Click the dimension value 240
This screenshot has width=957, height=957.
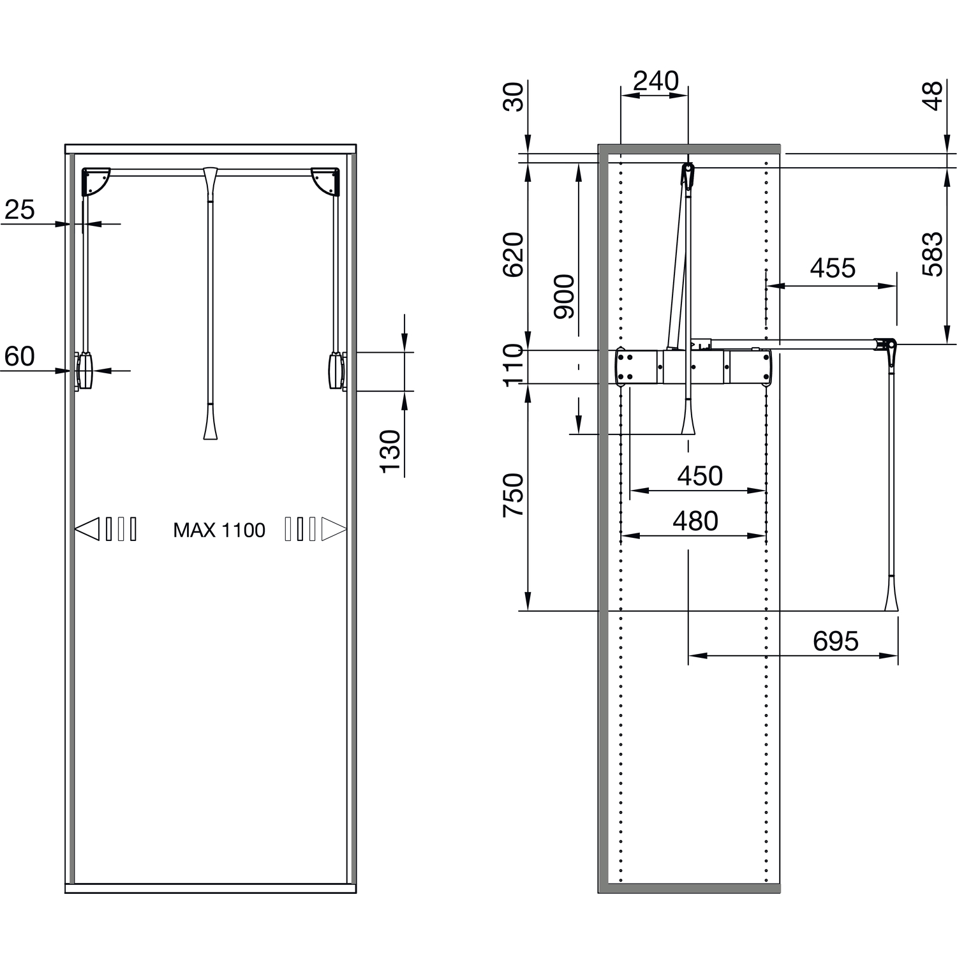point(655,81)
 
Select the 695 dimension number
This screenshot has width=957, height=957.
point(835,641)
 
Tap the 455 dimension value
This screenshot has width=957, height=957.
point(833,269)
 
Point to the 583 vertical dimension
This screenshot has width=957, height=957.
point(932,254)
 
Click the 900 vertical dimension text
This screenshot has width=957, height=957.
point(564,296)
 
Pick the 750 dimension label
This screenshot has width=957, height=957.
point(513,495)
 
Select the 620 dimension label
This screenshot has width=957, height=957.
point(513,255)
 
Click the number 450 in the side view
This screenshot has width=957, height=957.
point(699,476)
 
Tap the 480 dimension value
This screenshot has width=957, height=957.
point(695,521)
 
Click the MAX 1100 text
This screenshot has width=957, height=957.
point(219,530)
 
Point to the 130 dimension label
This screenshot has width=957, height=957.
point(390,452)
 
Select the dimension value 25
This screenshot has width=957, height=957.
point(20,209)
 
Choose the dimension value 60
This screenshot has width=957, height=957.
point(20,356)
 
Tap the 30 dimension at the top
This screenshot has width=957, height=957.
point(513,97)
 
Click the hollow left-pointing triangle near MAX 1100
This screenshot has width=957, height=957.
point(87,529)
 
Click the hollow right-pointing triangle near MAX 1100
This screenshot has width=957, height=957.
point(334,529)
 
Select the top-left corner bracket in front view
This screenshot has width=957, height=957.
point(96,181)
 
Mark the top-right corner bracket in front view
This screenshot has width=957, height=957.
point(325,181)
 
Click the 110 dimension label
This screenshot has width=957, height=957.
point(513,365)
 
